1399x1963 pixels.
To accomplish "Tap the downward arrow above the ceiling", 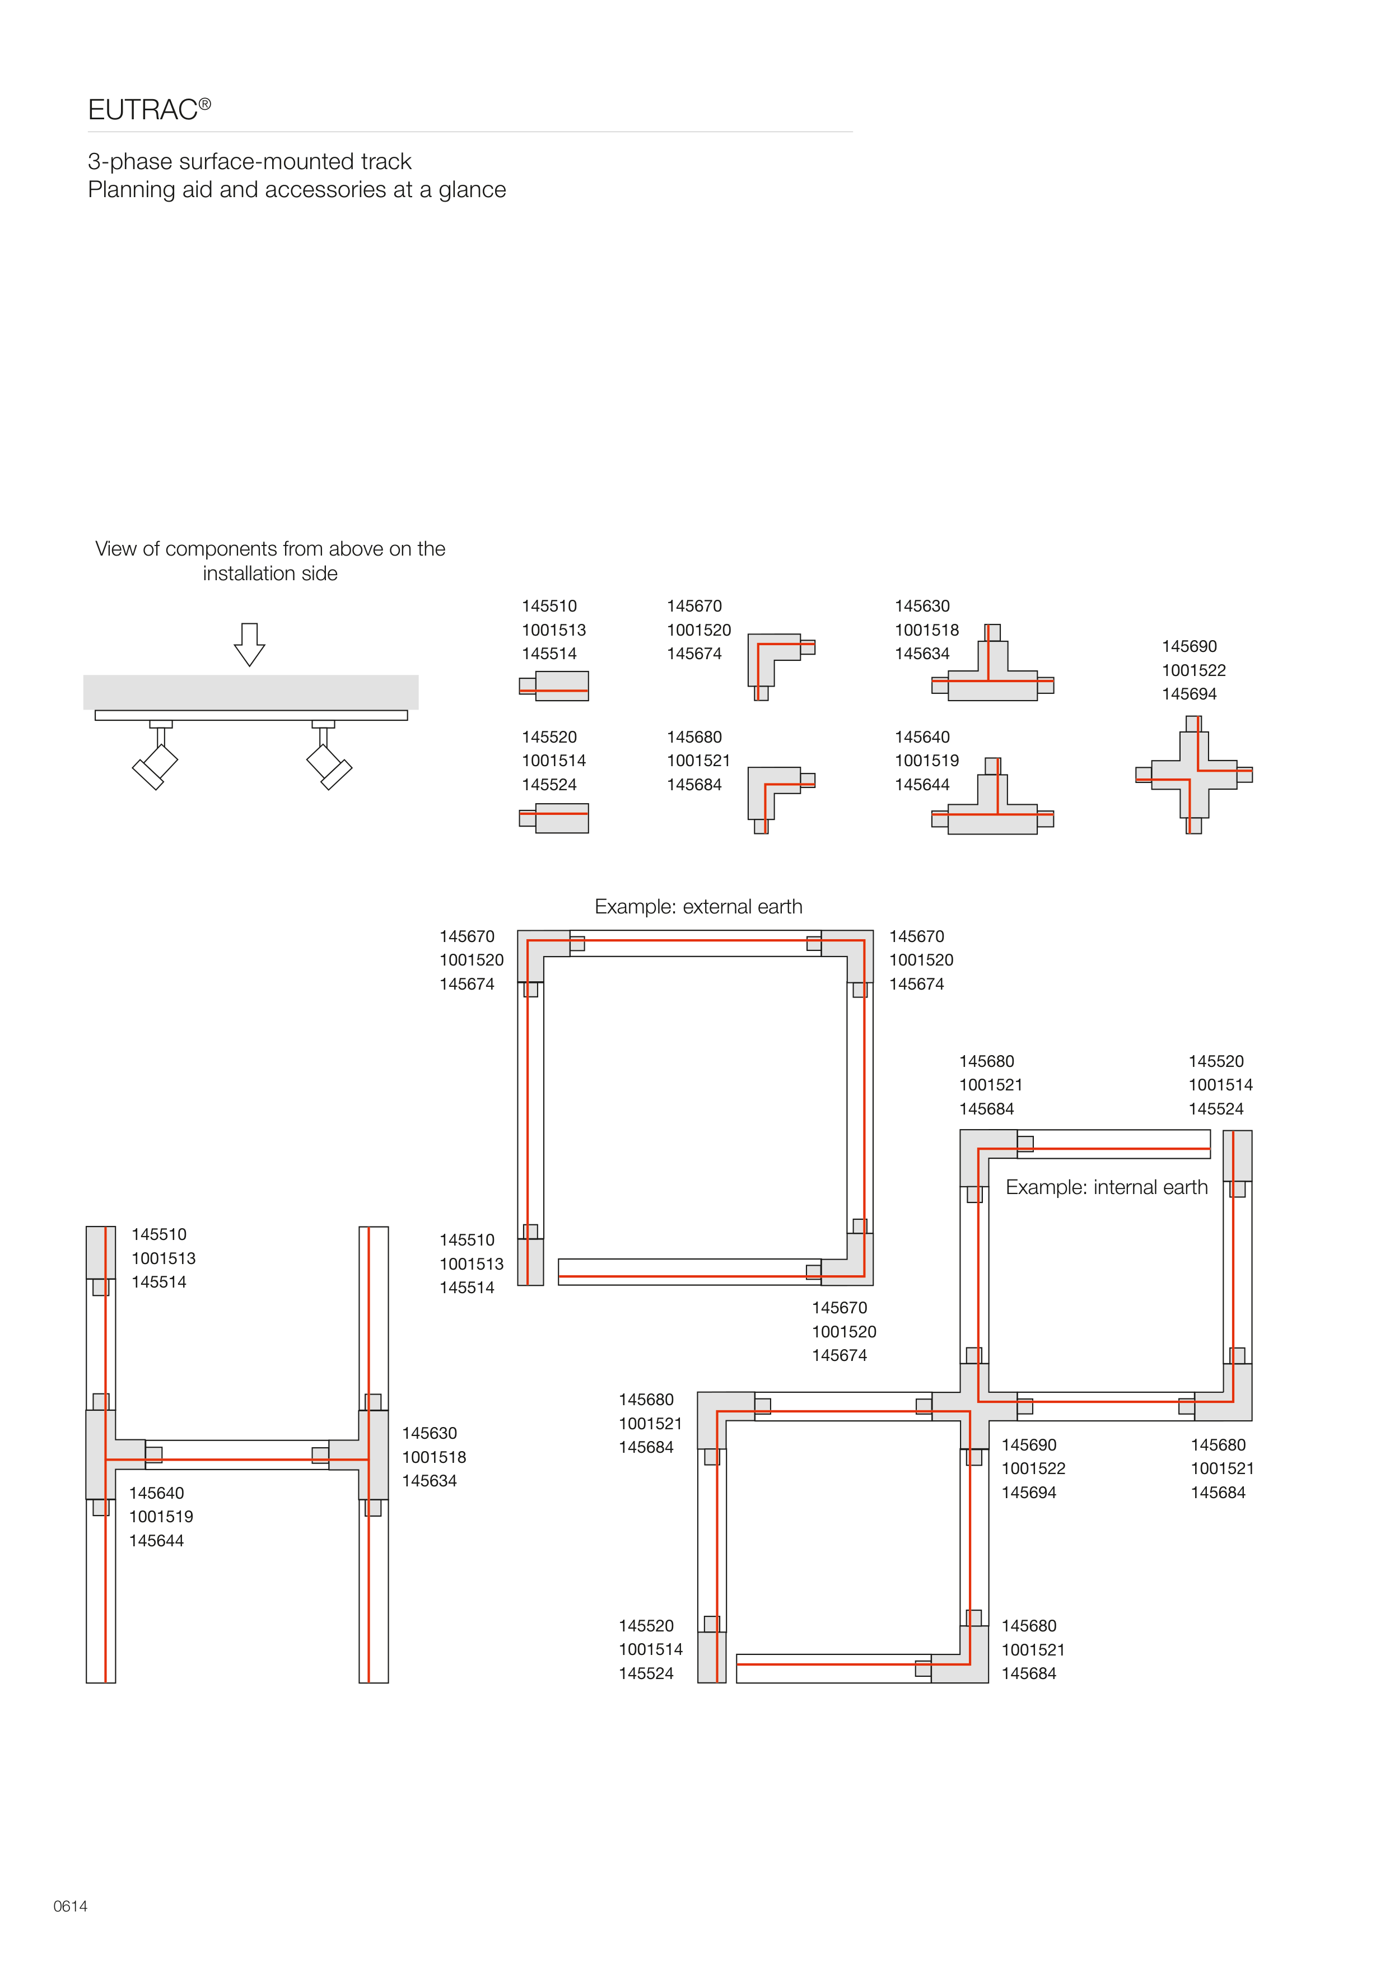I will pyautogui.click(x=249, y=644).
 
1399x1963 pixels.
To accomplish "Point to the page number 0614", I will pyautogui.click(x=70, y=1905).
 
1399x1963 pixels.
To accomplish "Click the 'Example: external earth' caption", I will pyautogui.click(x=698, y=906).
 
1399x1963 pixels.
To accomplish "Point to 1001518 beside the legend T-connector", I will pyautogui.click(x=926, y=630).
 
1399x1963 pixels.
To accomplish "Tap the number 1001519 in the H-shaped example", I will pyautogui.click(x=161, y=1516).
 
